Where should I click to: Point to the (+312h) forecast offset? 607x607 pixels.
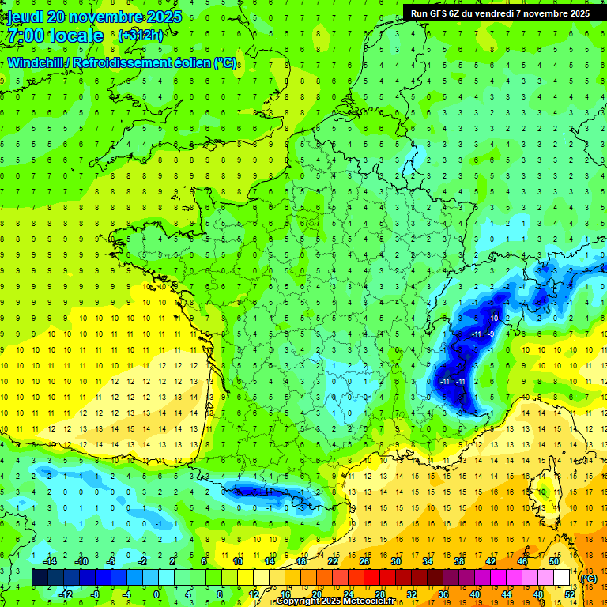[x=141, y=36]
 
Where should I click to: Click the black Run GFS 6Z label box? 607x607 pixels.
[x=500, y=13]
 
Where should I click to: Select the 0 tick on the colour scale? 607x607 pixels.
[x=156, y=594]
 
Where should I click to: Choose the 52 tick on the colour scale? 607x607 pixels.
[x=569, y=594]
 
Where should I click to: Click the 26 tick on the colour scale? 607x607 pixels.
[x=364, y=561]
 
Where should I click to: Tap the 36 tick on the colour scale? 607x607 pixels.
[x=443, y=594]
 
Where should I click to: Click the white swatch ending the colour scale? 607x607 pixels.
[x=561, y=577]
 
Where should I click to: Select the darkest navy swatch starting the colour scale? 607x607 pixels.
[x=40, y=577]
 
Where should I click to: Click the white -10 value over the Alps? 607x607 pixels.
[x=492, y=318]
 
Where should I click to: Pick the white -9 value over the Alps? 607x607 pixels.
[x=491, y=334]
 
